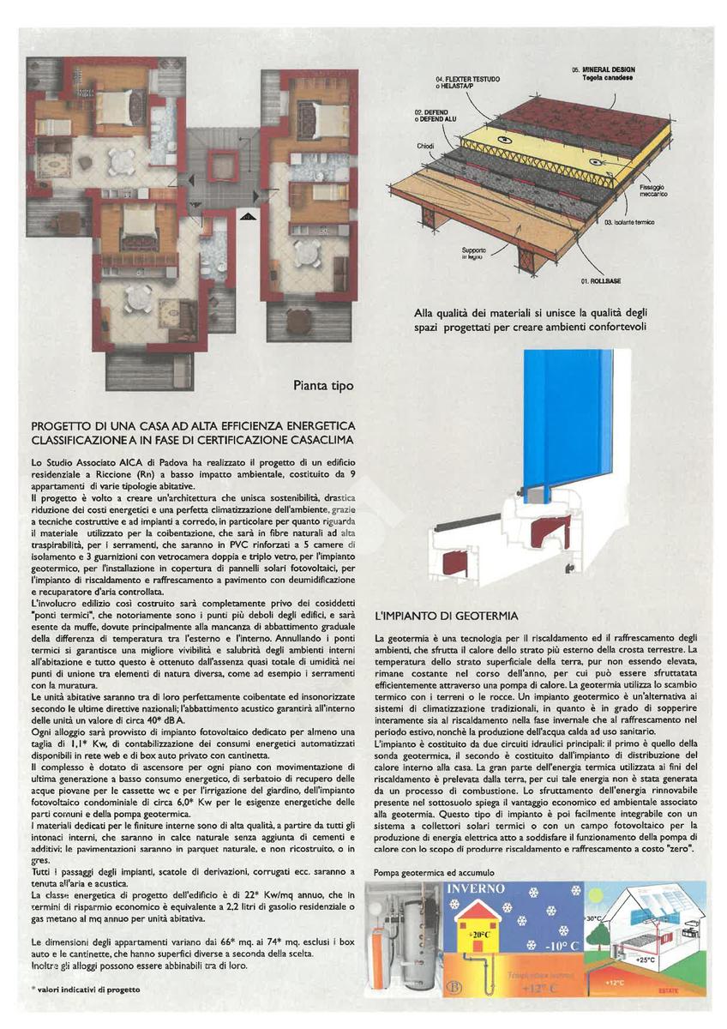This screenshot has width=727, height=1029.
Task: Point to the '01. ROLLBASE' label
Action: pyautogui.click(x=602, y=281)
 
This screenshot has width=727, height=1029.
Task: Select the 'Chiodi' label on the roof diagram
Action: pyautogui.click(x=426, y=146)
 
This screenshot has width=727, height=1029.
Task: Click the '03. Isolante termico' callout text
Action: pyautogui.click(x=629, y=222)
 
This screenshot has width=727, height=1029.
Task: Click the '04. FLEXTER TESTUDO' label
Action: pyautogui.click(x=467, y=79)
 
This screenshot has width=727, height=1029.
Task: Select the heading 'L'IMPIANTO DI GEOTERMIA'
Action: pyautogui.click(x=447, y=616)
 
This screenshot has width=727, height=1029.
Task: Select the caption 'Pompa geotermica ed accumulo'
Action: pyautogui.click(x=434, y=872)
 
